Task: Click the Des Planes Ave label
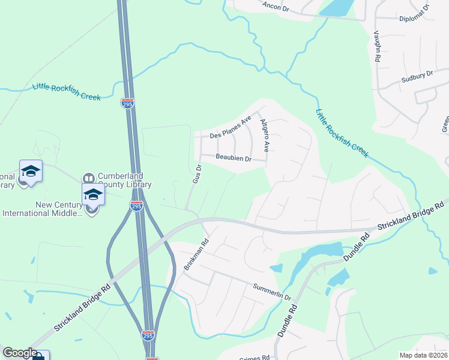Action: [230, 128]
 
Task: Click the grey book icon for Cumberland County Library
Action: [89, 178]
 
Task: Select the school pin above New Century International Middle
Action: [93, 194]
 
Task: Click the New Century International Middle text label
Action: [41, 209]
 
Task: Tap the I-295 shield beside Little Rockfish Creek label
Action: [127, 103]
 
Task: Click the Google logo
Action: [20, 353]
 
